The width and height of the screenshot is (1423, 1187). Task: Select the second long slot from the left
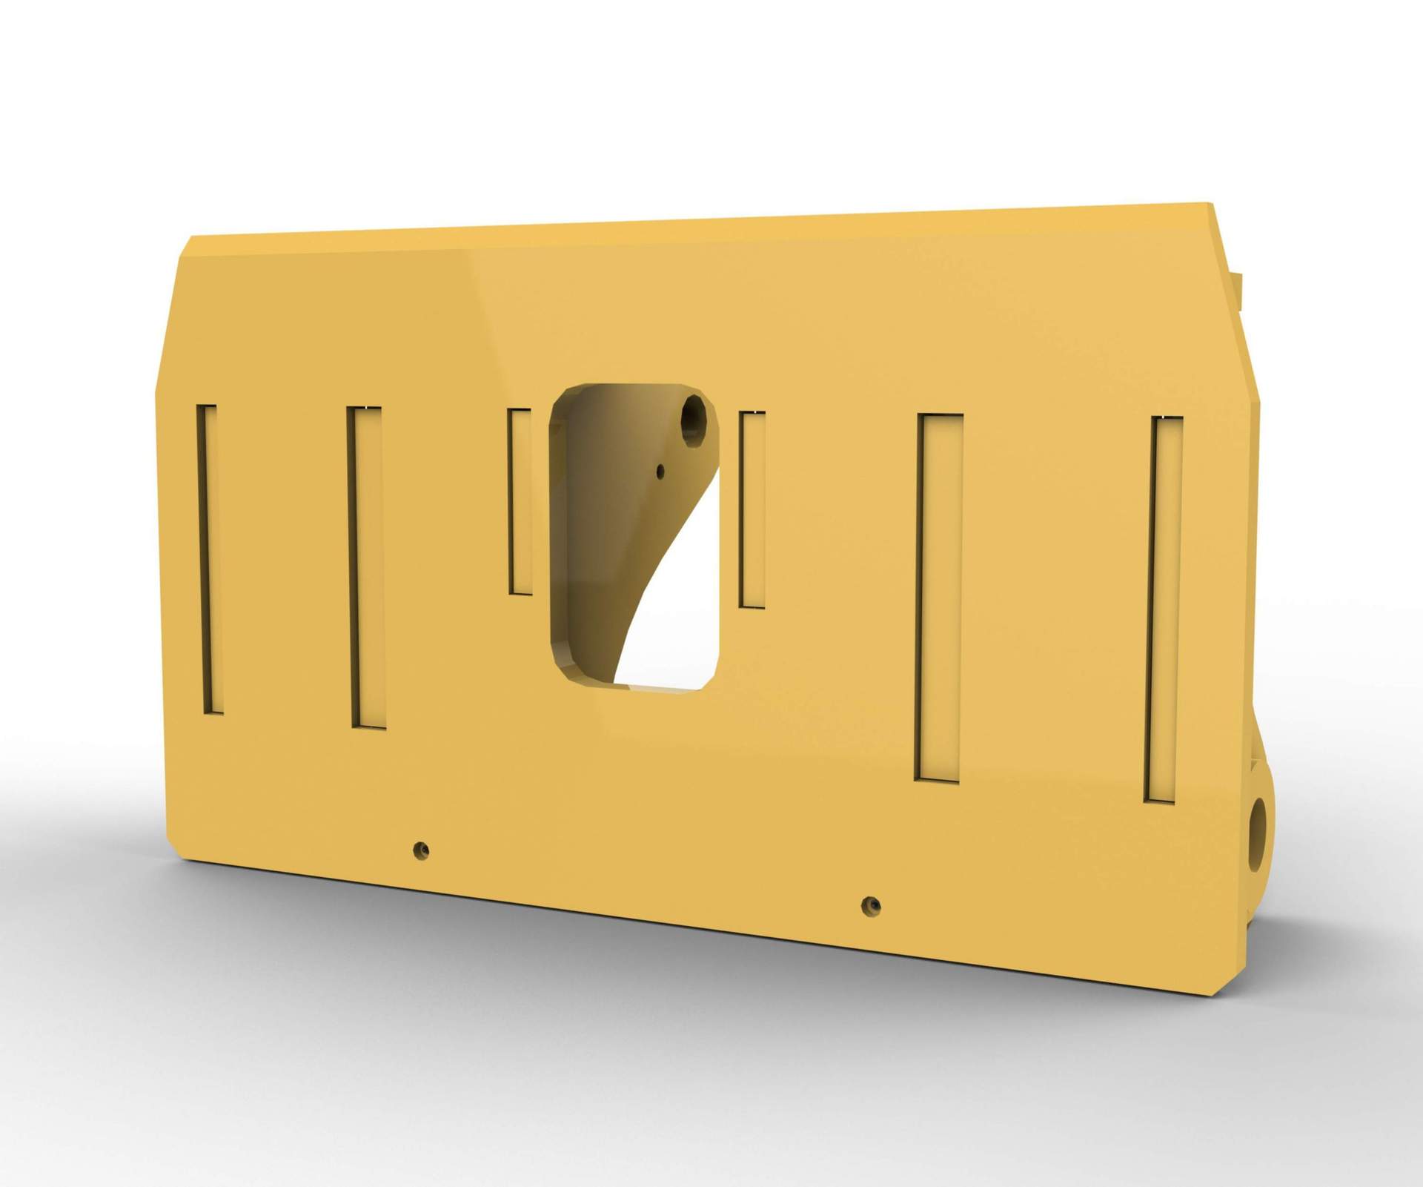pyautogui.click(x=366, y=567)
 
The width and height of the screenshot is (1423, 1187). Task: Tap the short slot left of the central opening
pyautogui.click(x=520, y=501)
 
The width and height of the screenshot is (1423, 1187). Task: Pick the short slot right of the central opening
pyautogui.click(x=752, y=509)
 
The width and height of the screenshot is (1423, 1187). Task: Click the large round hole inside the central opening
pyautogui.click(x=694, y=420)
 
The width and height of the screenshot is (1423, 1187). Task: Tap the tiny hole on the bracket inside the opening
pyautogui.click(x=660, y=469)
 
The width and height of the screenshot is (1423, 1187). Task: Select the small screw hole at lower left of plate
pyautogui.click(x=421, y=848)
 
